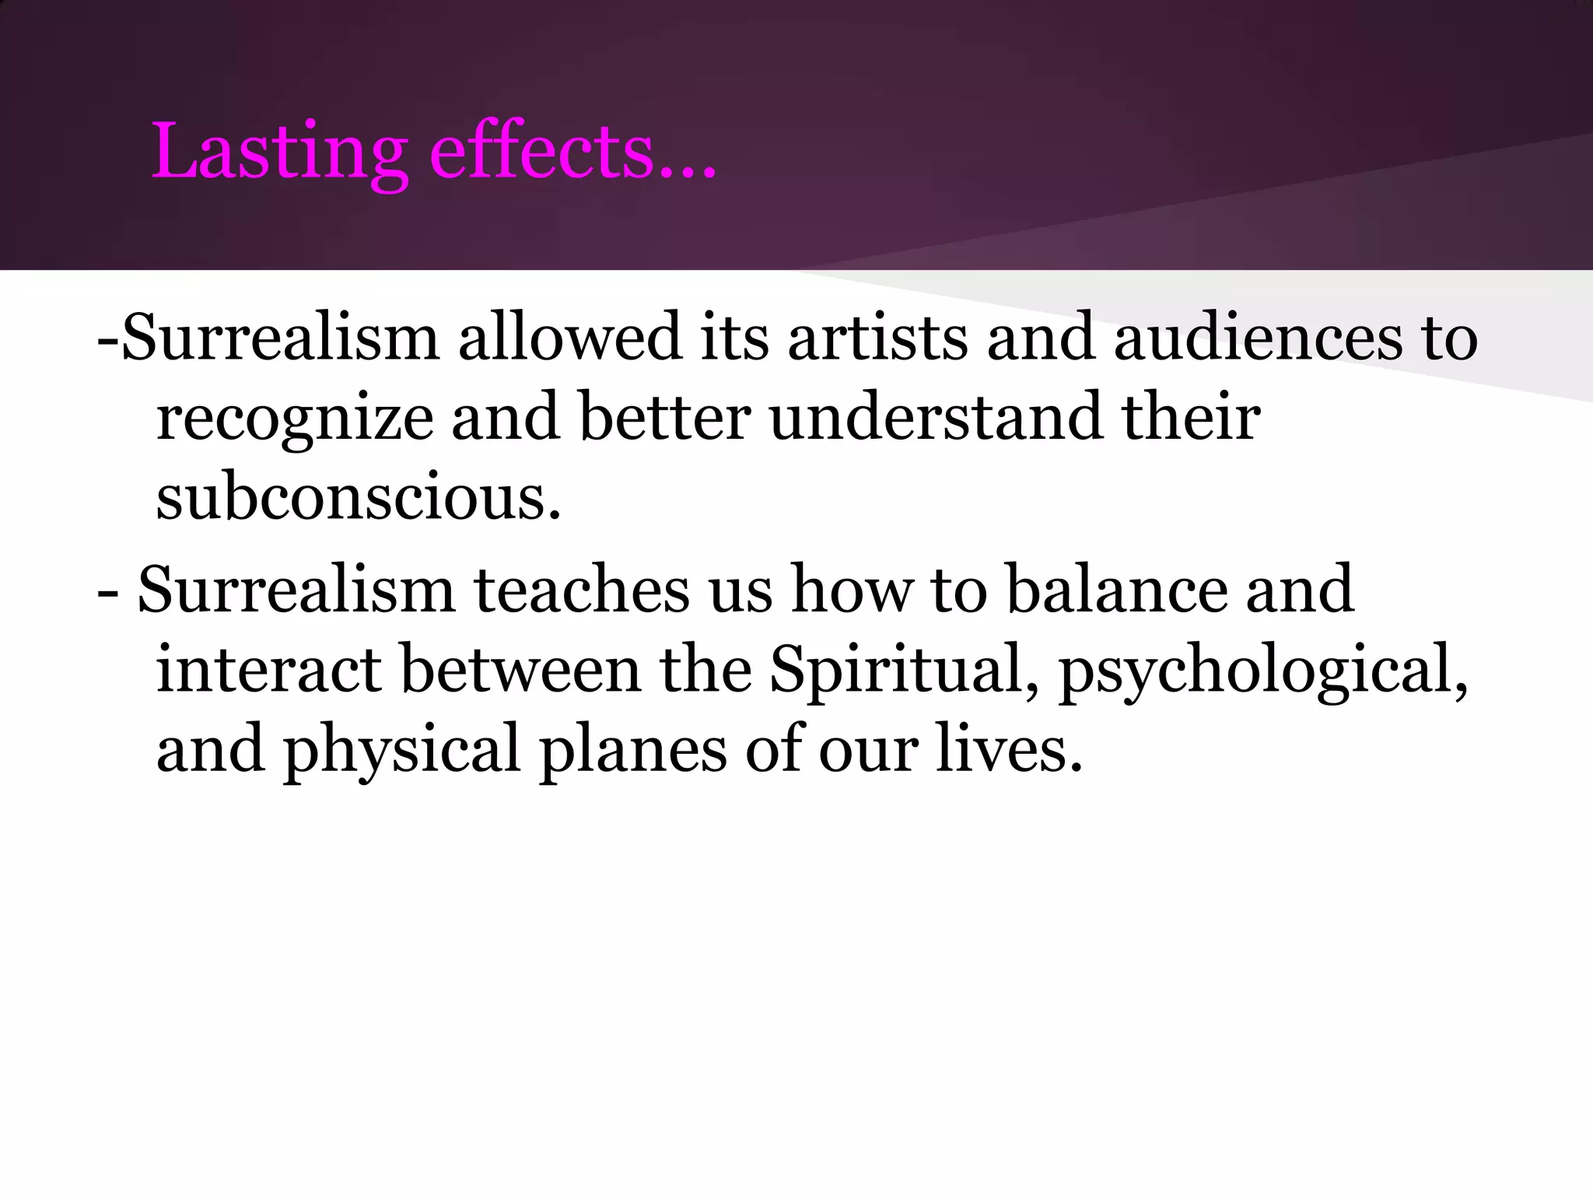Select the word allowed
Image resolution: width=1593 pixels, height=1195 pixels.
coord(569,337)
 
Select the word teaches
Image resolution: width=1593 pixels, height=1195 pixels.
coord(582,590)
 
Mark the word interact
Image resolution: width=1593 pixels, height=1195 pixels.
coord(268,669)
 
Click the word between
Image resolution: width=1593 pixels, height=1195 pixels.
coord(520,669)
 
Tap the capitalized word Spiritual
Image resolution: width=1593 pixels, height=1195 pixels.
coord(895,669)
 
